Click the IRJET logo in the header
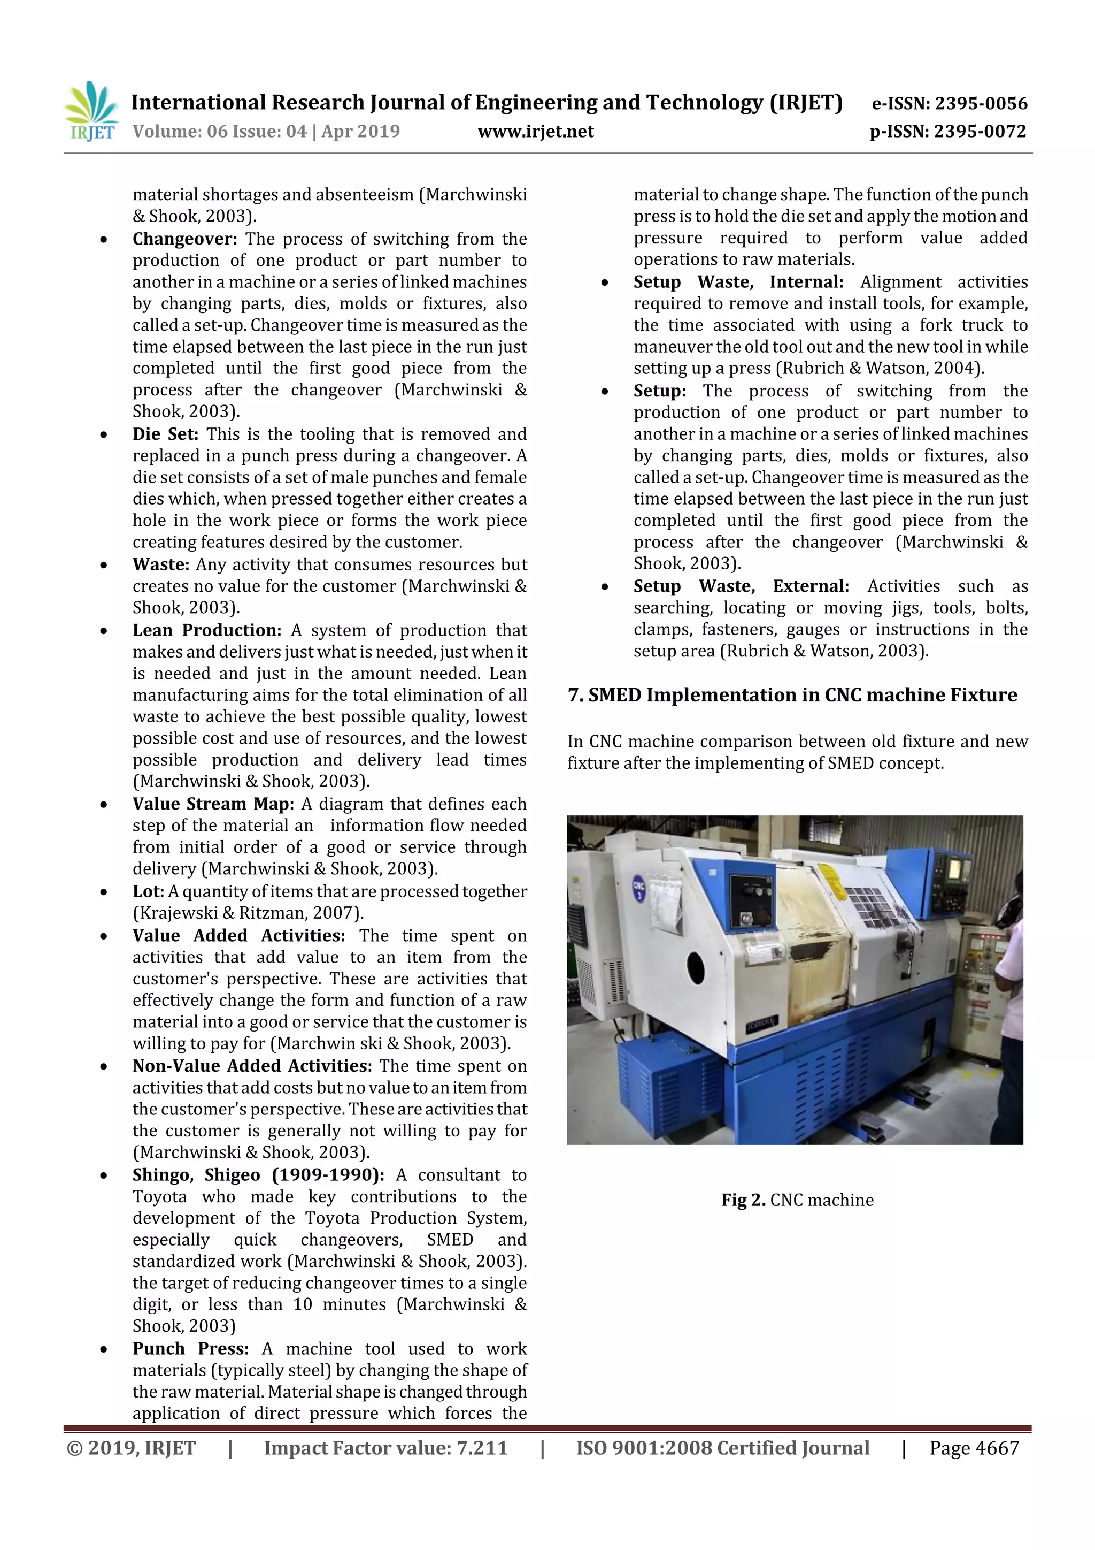pos(91,111)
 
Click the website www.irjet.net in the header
pos(536,132)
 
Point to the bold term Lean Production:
pos(206,630)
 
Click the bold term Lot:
pos(148,891)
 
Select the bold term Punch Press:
pos(190,1348)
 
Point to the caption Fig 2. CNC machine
pos(797,1200)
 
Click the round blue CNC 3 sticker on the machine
pos(638,887)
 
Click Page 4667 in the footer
pos(974,1447)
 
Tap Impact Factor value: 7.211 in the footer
pos(385,1447)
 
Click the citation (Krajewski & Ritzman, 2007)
pos(248,913)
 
